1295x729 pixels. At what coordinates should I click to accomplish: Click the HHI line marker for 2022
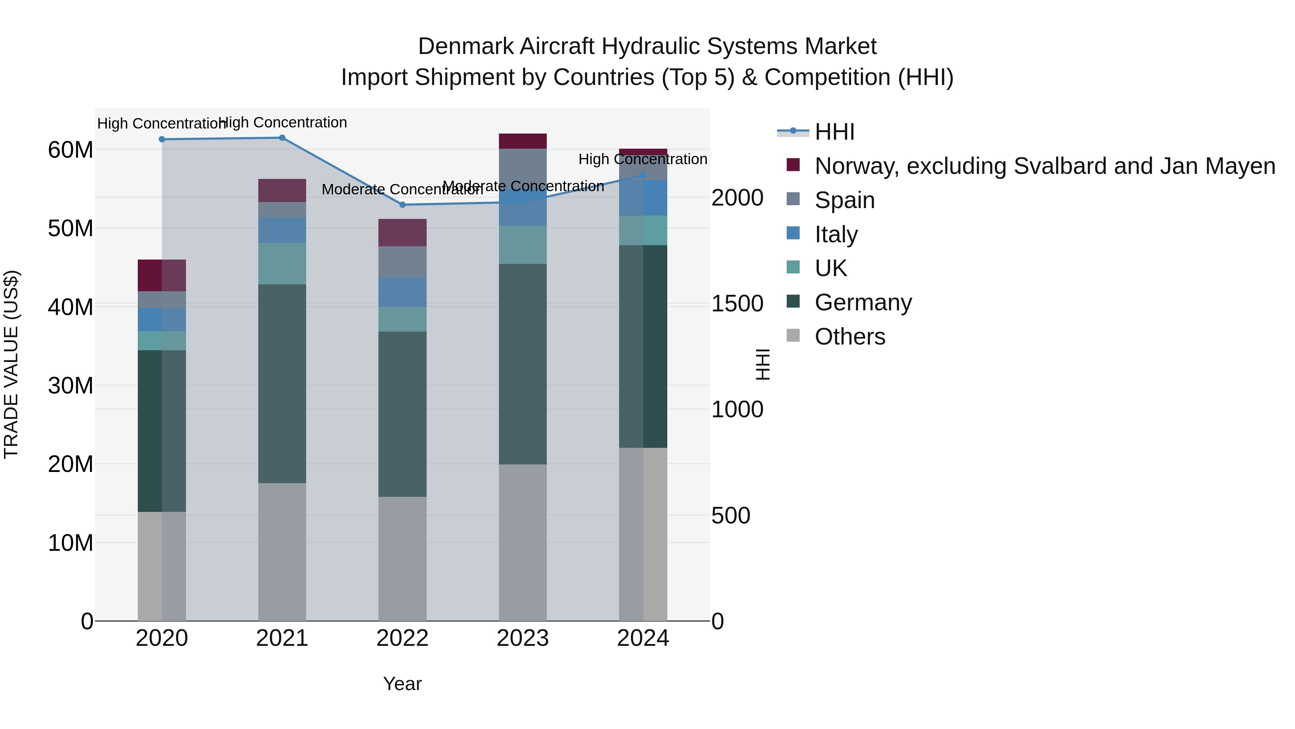point(402,205)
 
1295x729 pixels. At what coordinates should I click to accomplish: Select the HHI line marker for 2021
point(282,138)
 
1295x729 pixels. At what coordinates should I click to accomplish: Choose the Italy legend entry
point(836,234)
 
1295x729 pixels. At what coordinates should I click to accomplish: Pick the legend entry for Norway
point(1044,166)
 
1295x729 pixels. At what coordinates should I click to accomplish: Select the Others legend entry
point(850,337)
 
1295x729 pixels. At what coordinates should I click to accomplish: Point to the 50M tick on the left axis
point(71,228)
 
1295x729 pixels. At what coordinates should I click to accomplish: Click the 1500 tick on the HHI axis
point(737,303)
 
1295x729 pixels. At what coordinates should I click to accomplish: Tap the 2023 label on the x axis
point(522,638)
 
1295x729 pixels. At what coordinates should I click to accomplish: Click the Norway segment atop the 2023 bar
point(522,141)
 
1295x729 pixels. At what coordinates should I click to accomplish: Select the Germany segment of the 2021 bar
point(282,383)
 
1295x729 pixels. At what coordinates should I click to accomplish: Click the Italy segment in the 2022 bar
point(402,292)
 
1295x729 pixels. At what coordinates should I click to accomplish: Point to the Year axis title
point(402,684)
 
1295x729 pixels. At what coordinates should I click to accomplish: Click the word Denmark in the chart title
point(465,46)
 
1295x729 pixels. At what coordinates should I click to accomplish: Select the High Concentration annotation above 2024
point(642,159)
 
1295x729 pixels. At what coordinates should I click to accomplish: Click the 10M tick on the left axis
point(71,543)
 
